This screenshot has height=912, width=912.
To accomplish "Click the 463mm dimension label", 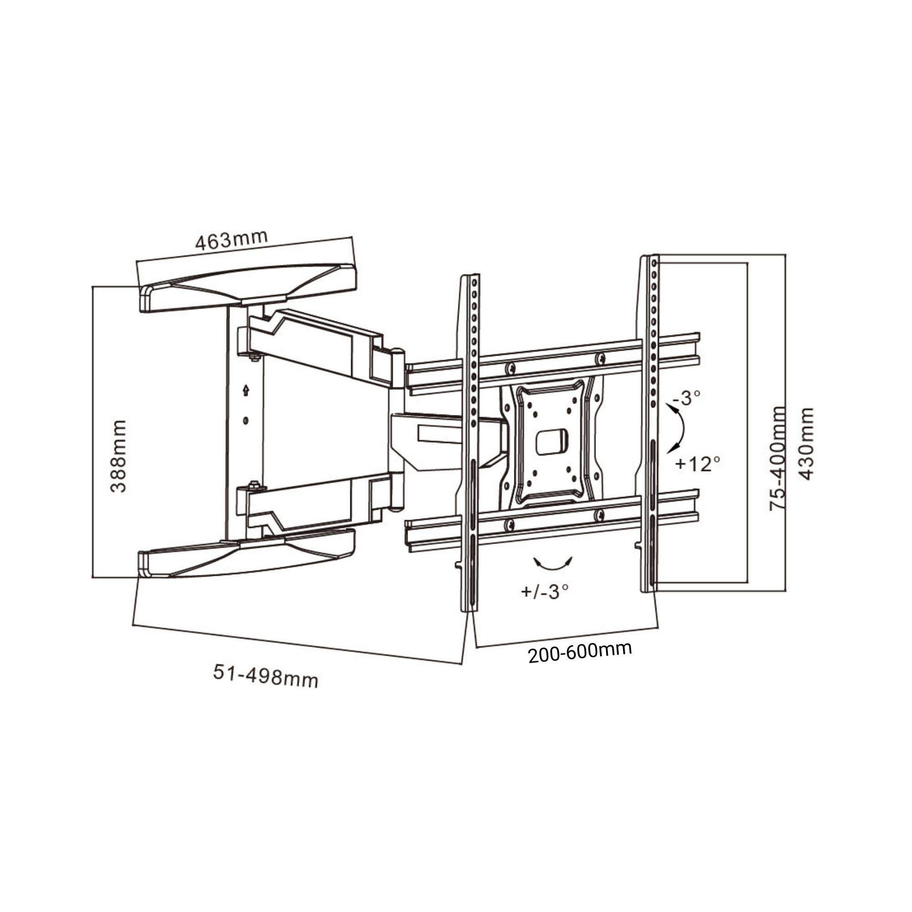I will pos(231,240).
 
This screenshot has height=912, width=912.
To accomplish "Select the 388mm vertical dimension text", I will pos(119,456).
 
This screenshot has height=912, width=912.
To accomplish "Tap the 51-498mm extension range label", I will pos(266,676).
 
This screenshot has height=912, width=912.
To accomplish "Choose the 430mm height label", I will pos(808,444).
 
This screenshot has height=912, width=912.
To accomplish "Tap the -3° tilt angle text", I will pos(687,399).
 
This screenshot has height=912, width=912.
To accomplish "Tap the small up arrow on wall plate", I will pos(245,390).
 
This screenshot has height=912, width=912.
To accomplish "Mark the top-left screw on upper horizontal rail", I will pos(510,368).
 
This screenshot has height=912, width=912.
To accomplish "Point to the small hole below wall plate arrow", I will pos(245,420).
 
